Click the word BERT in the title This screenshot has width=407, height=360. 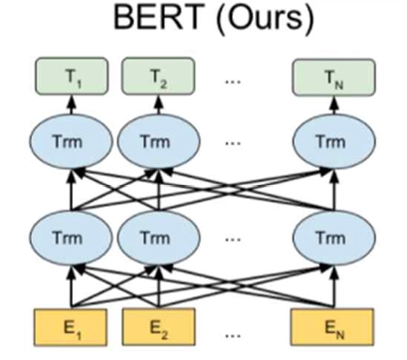coord(158,16)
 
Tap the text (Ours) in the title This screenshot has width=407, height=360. coord(265,17)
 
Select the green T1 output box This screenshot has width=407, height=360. coord(72,77)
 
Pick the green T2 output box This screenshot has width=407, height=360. coord(158,77)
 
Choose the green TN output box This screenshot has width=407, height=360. coord(333,77)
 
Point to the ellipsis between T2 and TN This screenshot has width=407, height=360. coord(233,81)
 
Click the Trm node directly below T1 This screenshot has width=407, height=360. coord(72,141)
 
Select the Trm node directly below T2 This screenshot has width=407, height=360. coord(158,141)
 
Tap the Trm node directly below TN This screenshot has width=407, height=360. coord(333,141)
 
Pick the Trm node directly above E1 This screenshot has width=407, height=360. coord(72,237)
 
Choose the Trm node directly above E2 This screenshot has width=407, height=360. coord(158,237)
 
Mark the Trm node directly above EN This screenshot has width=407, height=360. coord(333,237)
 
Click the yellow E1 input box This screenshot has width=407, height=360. coord(71,327)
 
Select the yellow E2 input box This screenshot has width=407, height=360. coord(158,327)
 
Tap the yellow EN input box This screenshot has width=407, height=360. coord(332,327)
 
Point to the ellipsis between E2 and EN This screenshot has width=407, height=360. coord(233,335)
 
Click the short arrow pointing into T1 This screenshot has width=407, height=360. coord(73,105)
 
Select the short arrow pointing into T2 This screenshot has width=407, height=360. coord(158,105)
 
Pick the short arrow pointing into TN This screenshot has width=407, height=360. coord(334,105)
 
